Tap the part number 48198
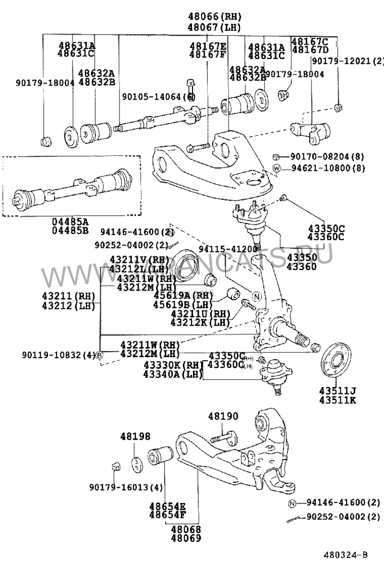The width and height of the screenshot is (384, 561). (135, 436)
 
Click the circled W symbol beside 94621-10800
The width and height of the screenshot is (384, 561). (277, 168)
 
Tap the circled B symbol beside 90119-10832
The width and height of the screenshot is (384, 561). (99, 355)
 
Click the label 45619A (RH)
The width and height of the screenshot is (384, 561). (176, 296)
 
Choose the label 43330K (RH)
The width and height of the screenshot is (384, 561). (166, 365)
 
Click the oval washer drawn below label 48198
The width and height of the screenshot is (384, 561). (138, 464)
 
